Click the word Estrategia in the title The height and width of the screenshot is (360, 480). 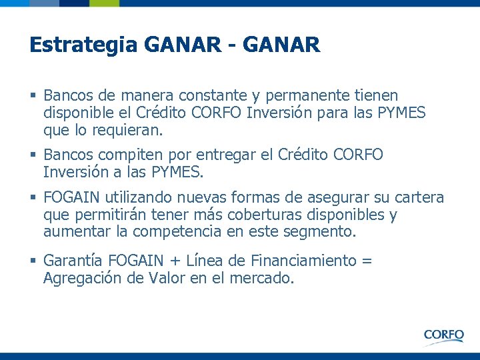click(83, 45)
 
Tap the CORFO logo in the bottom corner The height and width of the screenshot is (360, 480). click(443, 335)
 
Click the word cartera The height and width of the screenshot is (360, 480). click(419, 197)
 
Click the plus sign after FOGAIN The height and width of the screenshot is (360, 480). click(175, 261)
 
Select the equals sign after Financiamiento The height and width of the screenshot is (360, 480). click(366, 261)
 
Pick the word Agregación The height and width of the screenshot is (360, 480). click(81, 278)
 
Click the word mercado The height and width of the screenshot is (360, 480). click(263, 278)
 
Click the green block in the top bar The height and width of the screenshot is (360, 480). click(105, 3)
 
